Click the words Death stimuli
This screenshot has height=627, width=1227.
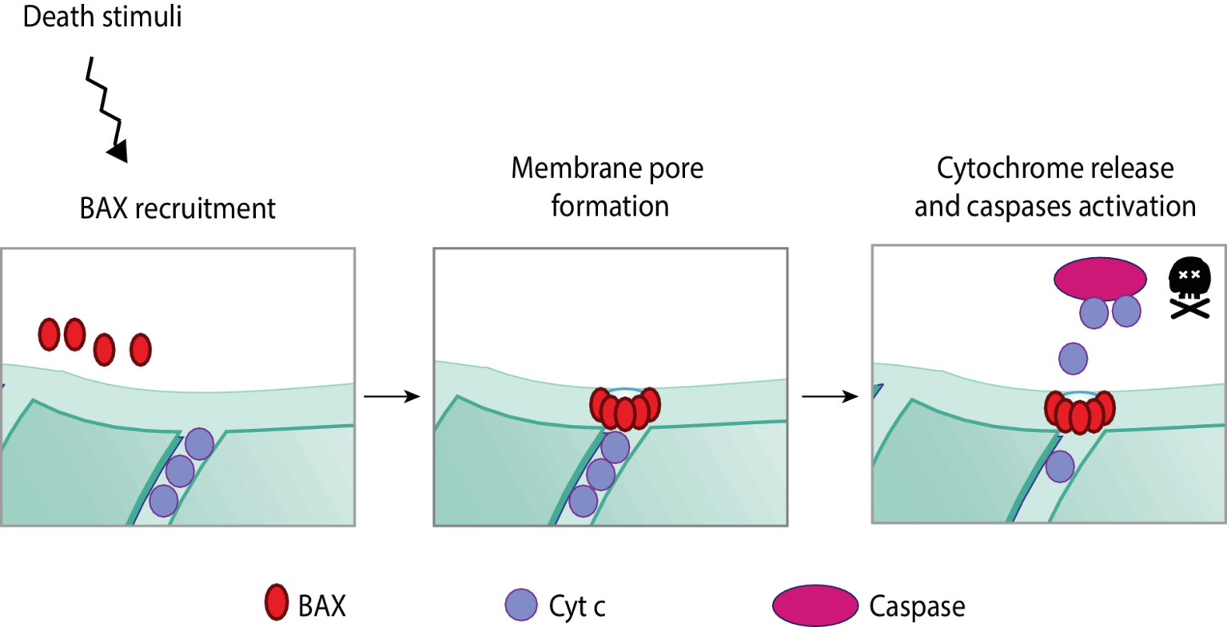pyautogui.click(x=102, y=17)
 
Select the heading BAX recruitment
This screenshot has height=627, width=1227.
pyautogui.click(x=177, y=208)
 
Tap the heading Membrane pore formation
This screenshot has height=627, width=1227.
pyautogui.click(x=608, y=187)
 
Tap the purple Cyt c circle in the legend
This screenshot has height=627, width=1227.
pyautogui.click(x=521, y=605)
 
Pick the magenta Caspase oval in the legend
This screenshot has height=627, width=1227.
pyautogui.click(x=814, y=605)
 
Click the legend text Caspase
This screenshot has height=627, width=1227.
pyautogui.click(x=917, y=606)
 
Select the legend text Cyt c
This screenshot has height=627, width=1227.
pyautogui.click(x=577, y=606)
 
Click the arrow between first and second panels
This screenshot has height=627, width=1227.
pyautogui.click(x=392, y=396)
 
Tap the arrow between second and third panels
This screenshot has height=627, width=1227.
pyautogui.click(x=829, y=396)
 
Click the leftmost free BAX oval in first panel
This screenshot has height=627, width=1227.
pyautogui.click(x=50, y=334)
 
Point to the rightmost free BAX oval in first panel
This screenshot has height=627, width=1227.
pyautogui.click(x=141, y=349)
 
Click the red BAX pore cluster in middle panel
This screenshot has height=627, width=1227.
pyautogui.click(x=624, y=408)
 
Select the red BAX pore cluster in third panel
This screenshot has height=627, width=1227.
pyautogui.click(x=1079, y=411)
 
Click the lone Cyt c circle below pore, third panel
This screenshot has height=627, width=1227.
pyautogui.click(x=1060, y=466)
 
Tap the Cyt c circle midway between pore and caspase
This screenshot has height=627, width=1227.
pyautogui.click(x=1073, y=359)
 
